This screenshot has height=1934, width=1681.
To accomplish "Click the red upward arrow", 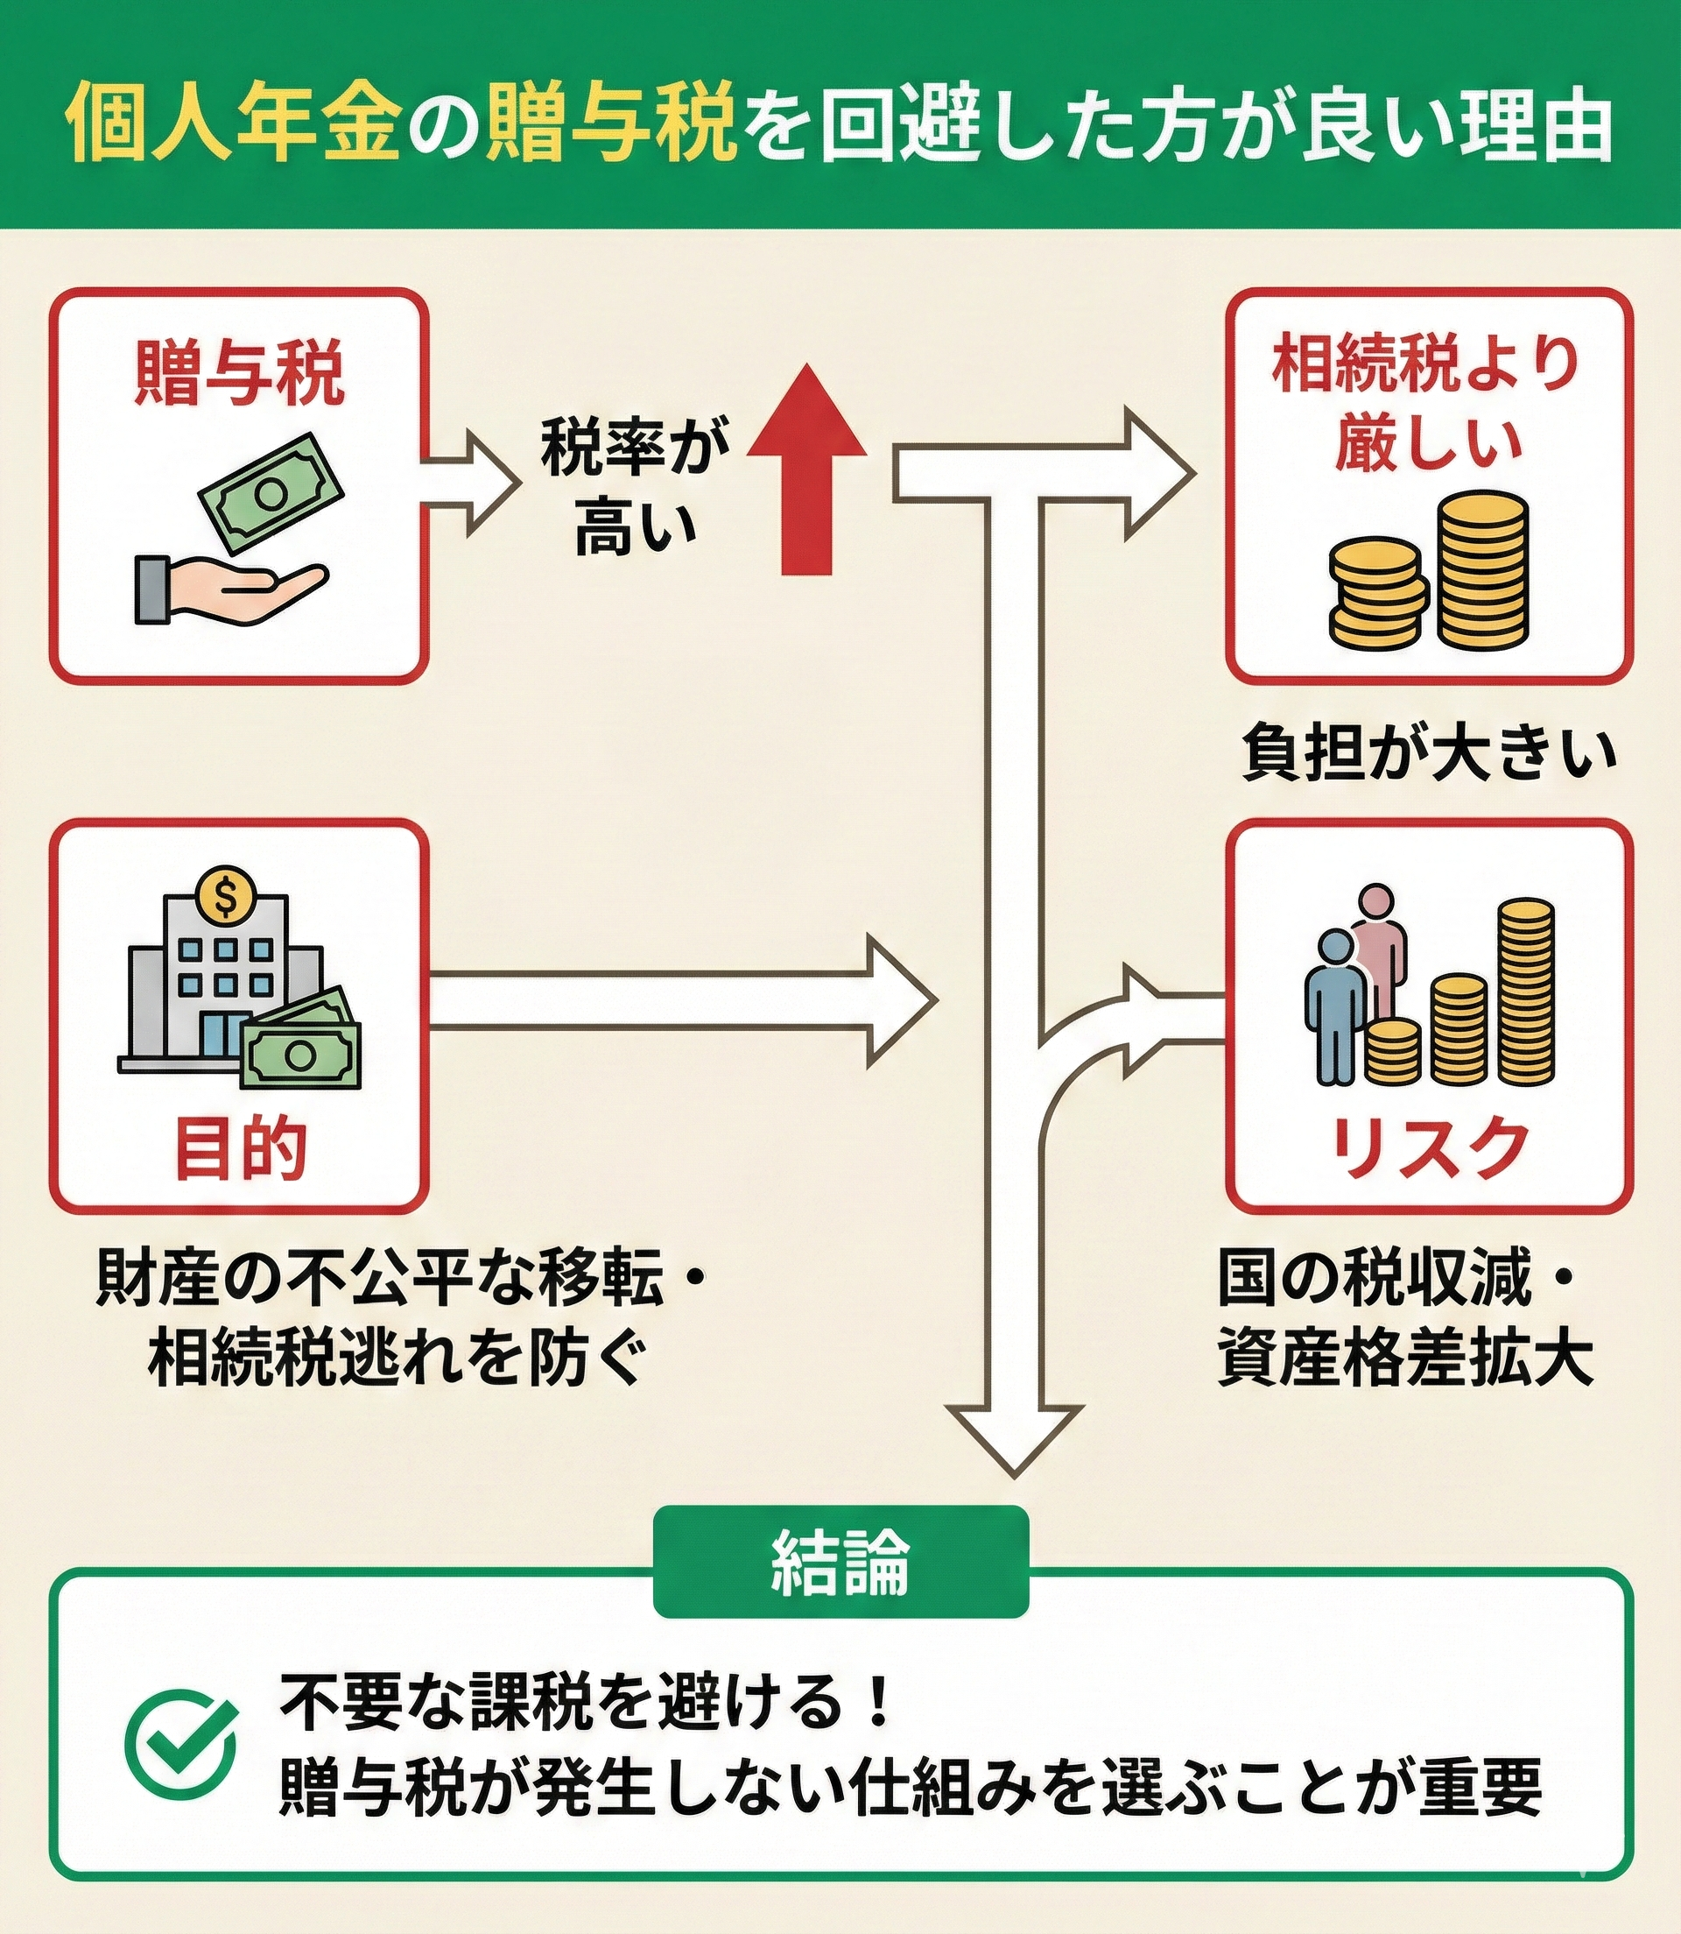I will click(x=806, y=469).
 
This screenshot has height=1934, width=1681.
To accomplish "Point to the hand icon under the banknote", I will click(x=225, y=589).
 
